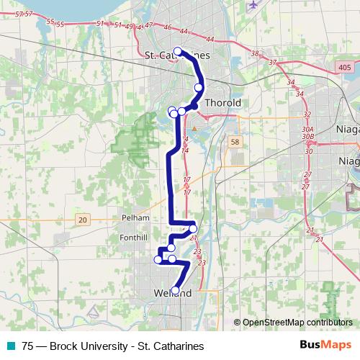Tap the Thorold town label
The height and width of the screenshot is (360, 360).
(x=222, y=103)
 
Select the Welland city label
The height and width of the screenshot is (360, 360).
(x=173, y=294)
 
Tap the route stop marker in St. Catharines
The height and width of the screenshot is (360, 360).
(x=177, y=51)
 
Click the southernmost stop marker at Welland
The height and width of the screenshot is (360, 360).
(x=175, y=291)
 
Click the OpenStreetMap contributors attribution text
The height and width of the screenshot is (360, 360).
(x=297, y=323)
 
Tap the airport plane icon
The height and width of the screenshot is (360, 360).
(x=252, y=6)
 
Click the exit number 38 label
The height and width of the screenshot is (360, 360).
(x=254, y=54)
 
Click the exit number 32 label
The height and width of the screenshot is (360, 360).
(x=307, y=114)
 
